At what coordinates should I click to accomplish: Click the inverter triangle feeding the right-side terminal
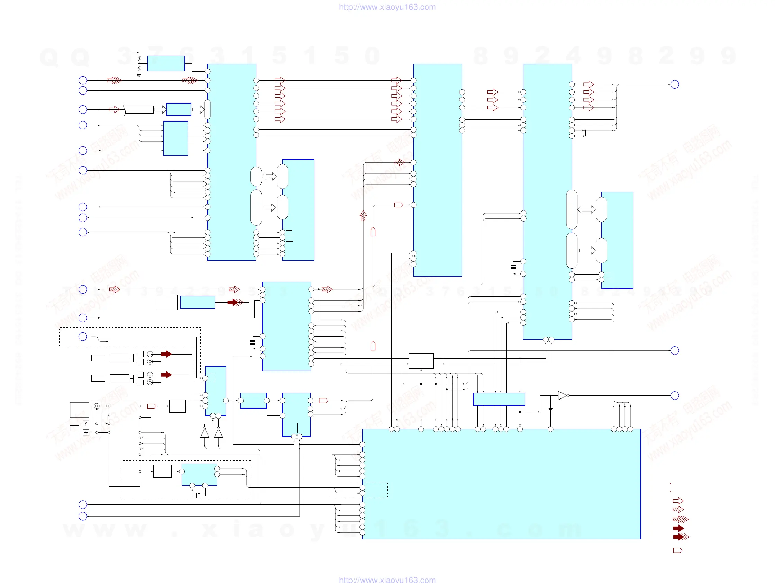click(x=562, y=395)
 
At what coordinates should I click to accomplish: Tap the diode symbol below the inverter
click(x=550, y=410)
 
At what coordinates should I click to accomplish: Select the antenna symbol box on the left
click(x=86, y=424)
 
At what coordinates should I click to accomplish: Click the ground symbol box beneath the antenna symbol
click(x=86, y=433)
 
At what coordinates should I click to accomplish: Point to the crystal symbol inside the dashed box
click(x=199, y=495)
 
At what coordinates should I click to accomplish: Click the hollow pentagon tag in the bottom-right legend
click(x=677, y=550)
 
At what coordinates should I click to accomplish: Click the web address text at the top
click(x=387, y=7)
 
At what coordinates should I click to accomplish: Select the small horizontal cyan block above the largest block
click(x=499, y=399)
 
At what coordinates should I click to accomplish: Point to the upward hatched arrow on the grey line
click(x=363, y=216)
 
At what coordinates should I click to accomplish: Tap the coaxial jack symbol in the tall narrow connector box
click(x=97, y=406)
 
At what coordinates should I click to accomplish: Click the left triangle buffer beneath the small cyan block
click(x=204, y=433)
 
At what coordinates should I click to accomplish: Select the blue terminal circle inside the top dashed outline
click(x=83, y=337)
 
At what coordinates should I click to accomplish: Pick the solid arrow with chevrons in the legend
click(x=681, y=537)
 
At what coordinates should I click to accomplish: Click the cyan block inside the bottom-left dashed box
click(x=199, y=474)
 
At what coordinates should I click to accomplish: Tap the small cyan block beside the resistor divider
click(x=166, y=63)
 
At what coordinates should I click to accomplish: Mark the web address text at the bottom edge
click(x=387, y=580)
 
